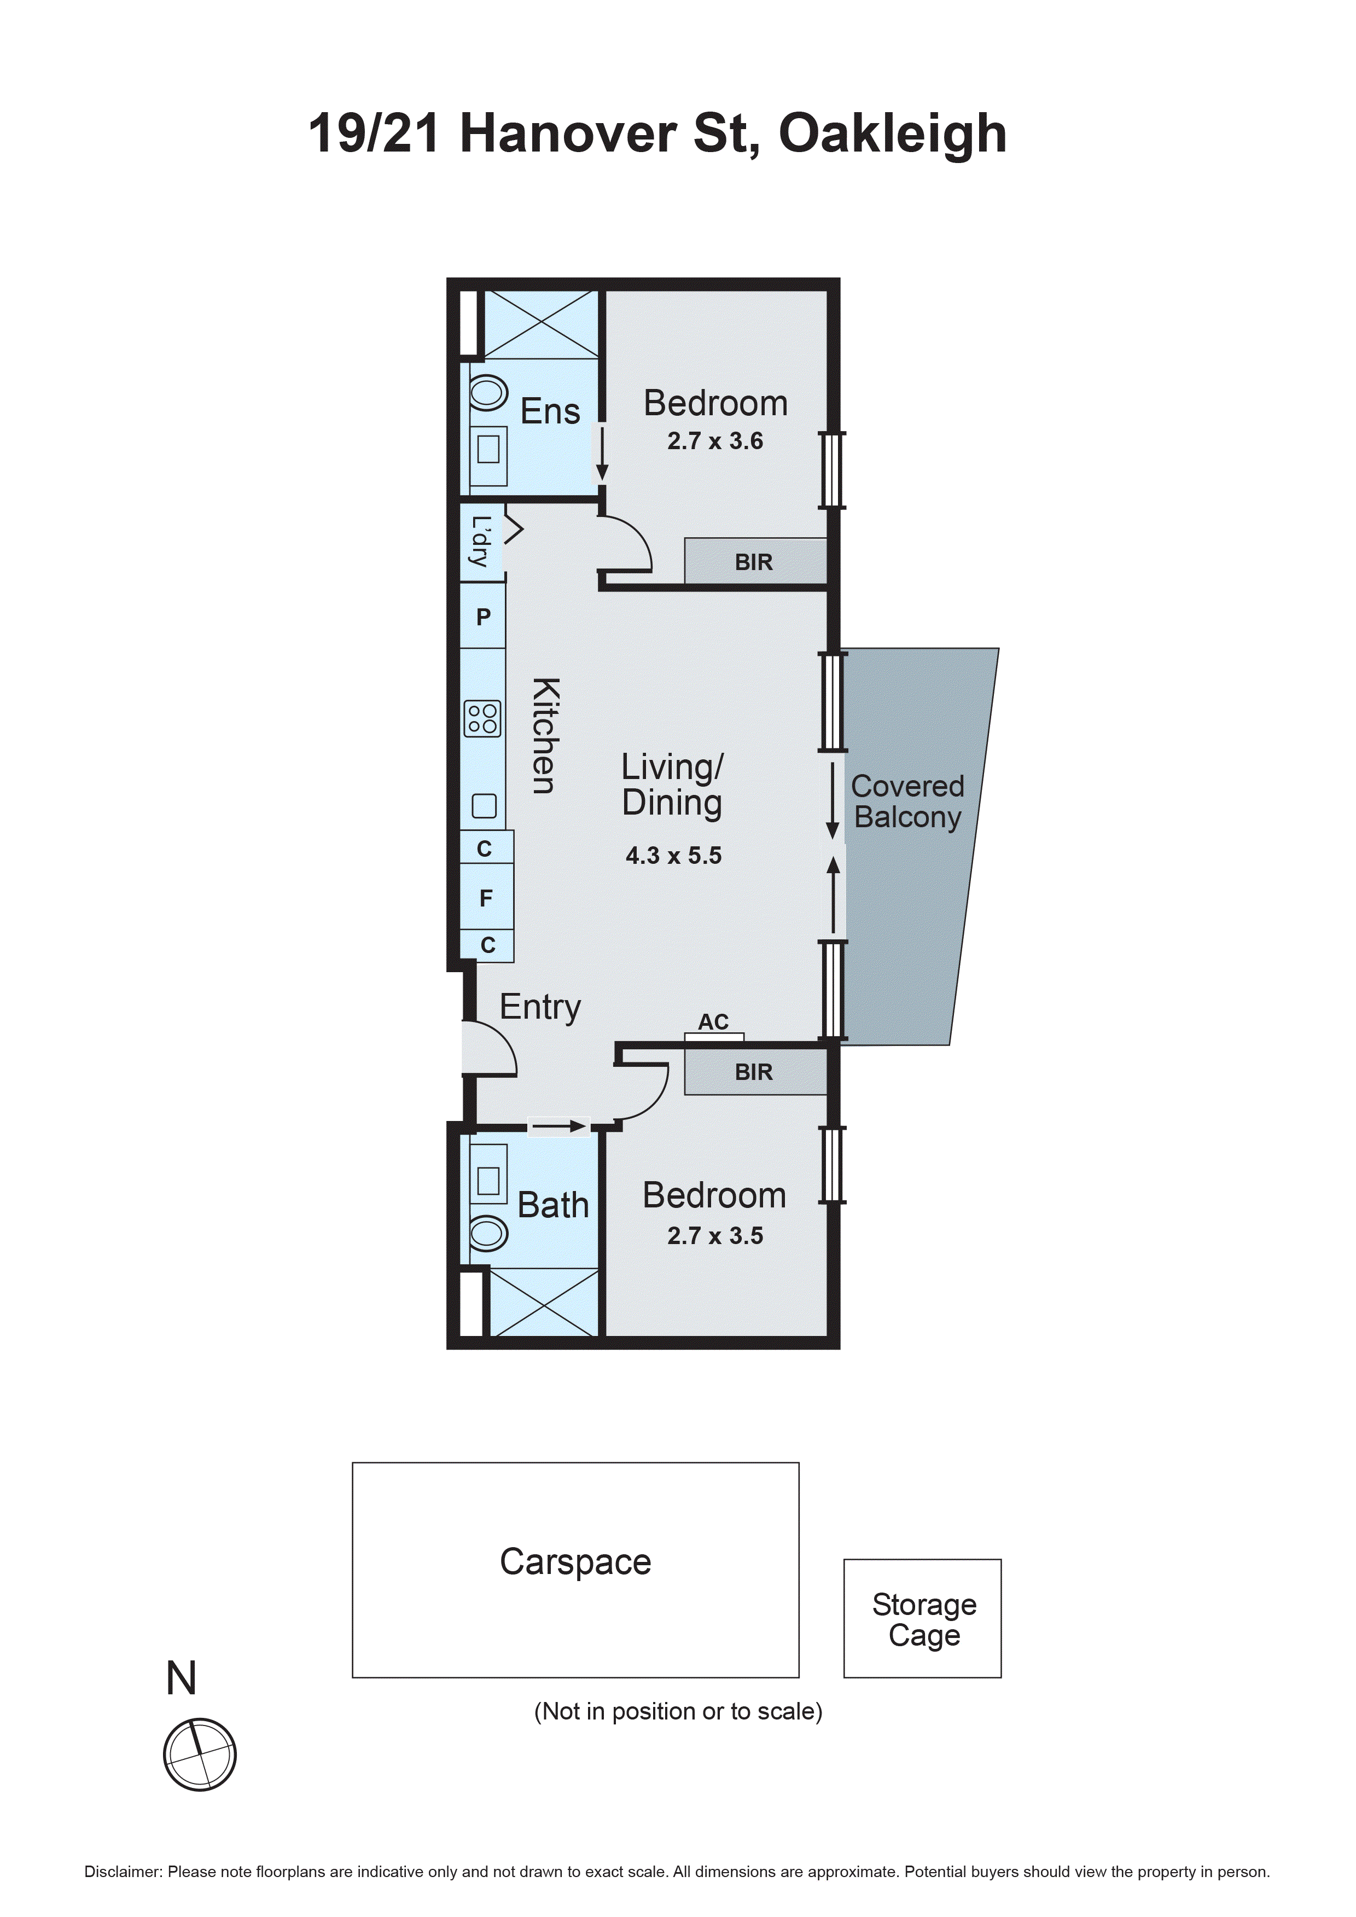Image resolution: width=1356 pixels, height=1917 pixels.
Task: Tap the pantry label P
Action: point(484,617)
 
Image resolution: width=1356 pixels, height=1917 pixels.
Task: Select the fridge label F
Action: point(486,898)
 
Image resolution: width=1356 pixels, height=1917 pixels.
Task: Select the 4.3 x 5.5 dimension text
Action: point(673,856)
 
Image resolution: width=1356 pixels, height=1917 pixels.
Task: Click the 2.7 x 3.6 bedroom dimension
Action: point(715,441)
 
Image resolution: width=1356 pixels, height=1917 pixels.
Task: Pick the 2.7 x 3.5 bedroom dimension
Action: point(715,1236)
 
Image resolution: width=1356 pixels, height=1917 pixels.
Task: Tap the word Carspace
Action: point(575,1561)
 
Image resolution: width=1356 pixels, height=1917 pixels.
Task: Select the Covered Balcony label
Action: point(907,801)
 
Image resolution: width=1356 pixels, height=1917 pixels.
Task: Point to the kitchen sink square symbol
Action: point(484,806)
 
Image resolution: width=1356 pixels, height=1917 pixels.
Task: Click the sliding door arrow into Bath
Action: point(558,1126)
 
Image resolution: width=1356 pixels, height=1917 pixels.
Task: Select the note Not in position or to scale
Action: point(678,1712)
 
